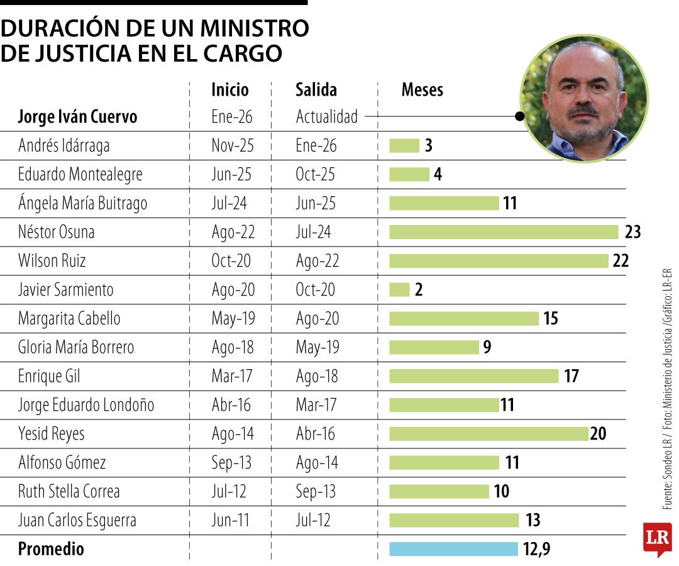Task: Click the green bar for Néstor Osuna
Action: coord(504,232)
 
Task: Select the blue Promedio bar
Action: coord(453,549)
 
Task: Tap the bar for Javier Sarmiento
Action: coord(399,289)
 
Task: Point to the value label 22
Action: coord(621,261)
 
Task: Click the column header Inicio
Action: coord(230,90)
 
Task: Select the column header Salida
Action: coord(316,90)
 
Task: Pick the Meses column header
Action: coord(422,90)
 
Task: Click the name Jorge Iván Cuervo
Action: coord(77,117)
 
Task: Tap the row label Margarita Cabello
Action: coord(69,318)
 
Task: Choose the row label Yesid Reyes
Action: coord(51,434)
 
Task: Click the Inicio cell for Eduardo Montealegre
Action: coord(231,174)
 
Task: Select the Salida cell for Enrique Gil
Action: coord(317,376)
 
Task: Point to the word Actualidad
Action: coord(326,117)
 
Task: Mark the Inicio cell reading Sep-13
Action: coord(231,463)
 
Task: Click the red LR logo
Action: coord(657,538)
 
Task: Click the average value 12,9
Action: coord(536,549)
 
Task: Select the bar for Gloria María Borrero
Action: coord(434,347)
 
